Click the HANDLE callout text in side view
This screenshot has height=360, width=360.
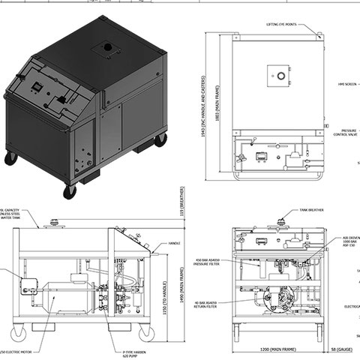(x=175, y=243)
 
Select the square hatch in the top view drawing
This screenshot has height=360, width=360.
(x=278, y=76)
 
